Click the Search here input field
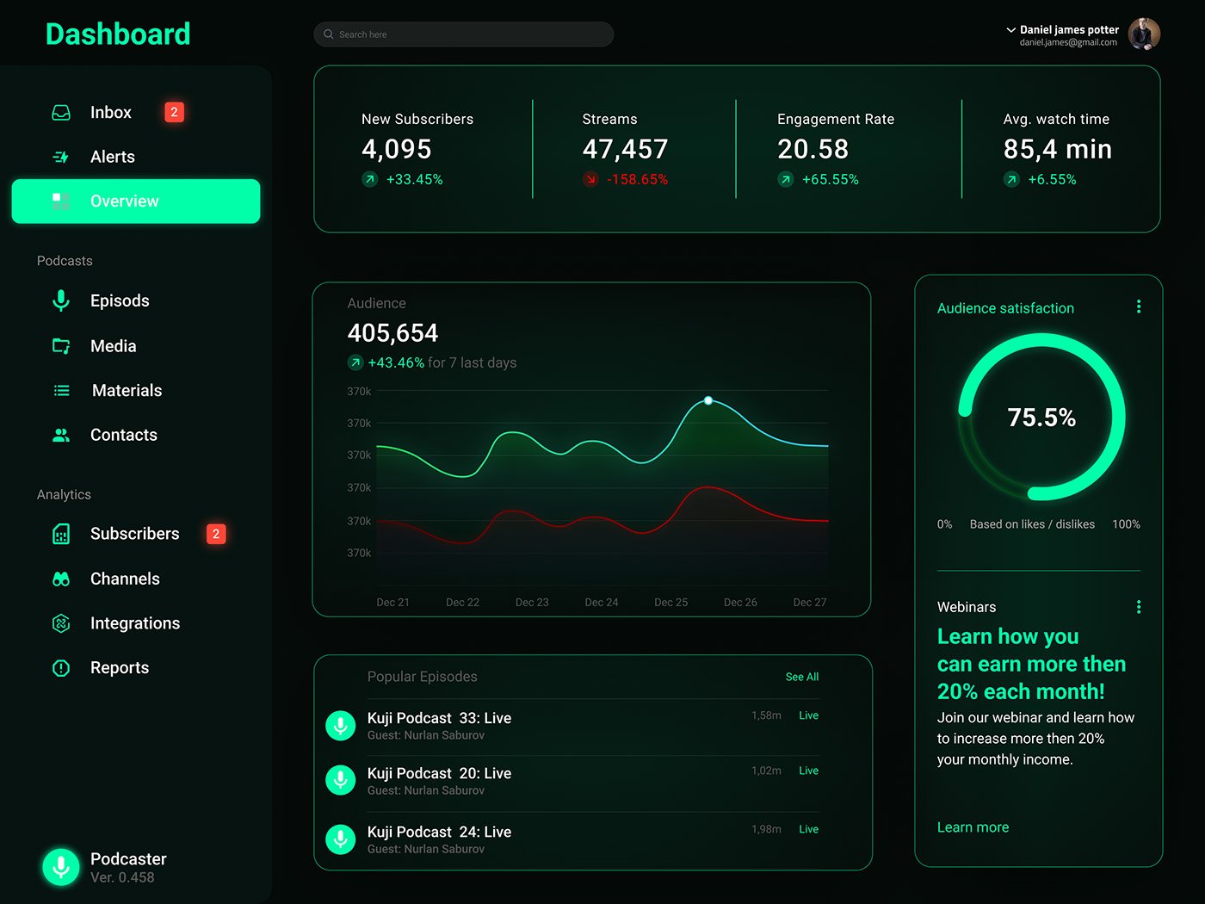(463, 34)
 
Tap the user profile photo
(1144, 34)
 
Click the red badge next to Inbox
(174, 112)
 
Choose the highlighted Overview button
(136, 201)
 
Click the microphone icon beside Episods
(61, 300)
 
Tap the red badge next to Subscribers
(216, 534)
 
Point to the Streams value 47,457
(625, 149)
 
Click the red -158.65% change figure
(637, 179)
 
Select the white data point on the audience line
(708, 400)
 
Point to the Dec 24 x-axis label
(601, 602)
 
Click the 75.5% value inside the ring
(1041, 418)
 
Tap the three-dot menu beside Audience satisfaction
(1139, 306)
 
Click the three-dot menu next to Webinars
(1139, 606)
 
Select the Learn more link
(973, 827)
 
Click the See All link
(801, 677)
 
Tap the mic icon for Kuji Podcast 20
(340, 780)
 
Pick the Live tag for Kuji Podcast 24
(808, 829)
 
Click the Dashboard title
(118, 34)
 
